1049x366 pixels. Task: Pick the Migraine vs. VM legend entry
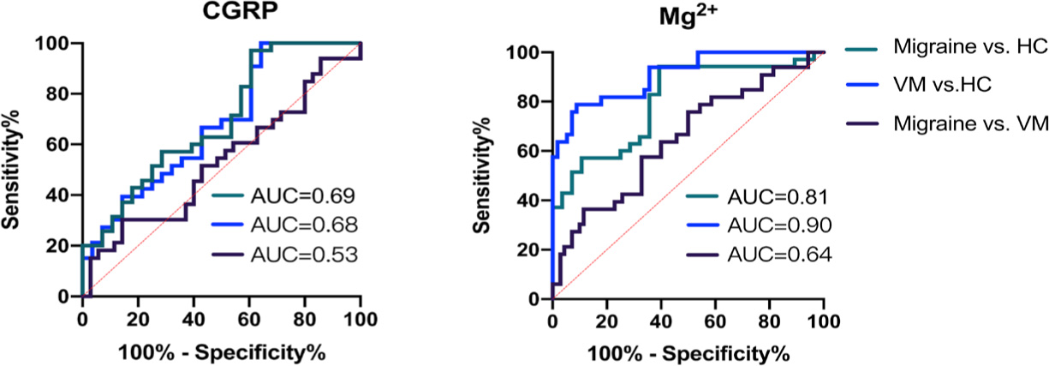coord(969,124)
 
